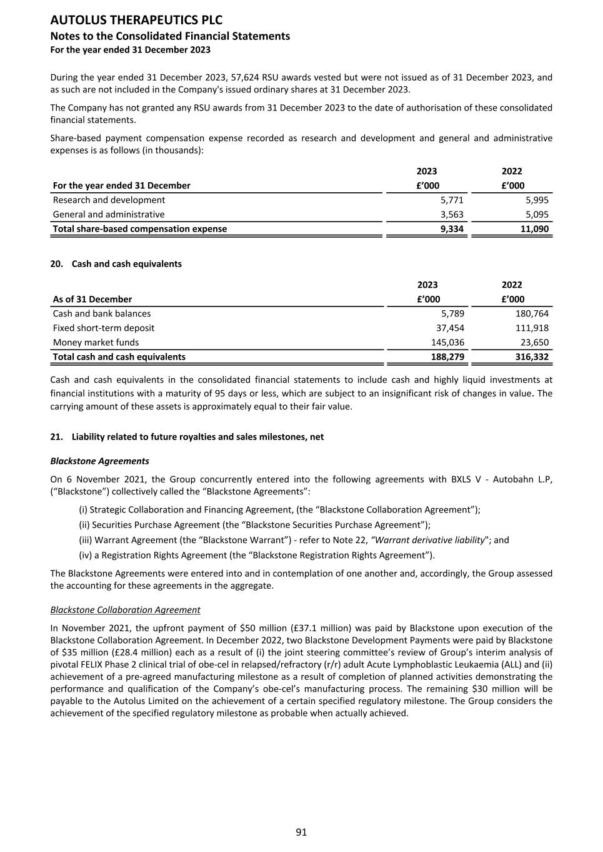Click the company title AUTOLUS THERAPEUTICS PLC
point(136,21)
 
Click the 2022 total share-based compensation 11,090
point(534,228)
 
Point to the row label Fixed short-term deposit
point(104,328)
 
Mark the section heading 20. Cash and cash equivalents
point(116,263)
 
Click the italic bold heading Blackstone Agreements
point(99,461)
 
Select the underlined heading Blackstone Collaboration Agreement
point(125,609)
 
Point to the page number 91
point(301,831)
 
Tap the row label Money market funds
point(96,342)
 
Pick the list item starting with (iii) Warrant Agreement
point(294,540)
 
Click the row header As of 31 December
point(92,299)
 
